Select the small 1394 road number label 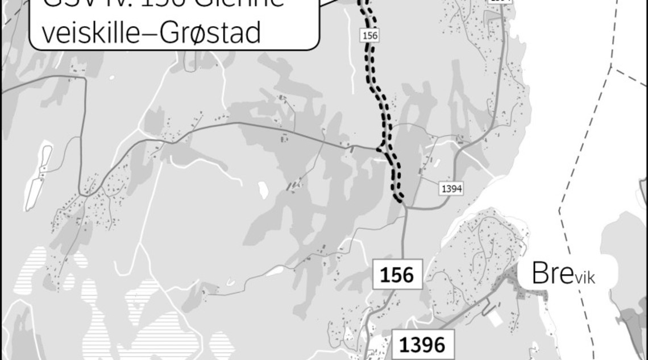[451, 189]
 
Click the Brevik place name [566, 275]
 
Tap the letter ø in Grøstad [194, 33]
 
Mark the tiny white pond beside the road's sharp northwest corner [111, 77]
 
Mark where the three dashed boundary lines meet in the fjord [611, 68]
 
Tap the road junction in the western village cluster [83, 195]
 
